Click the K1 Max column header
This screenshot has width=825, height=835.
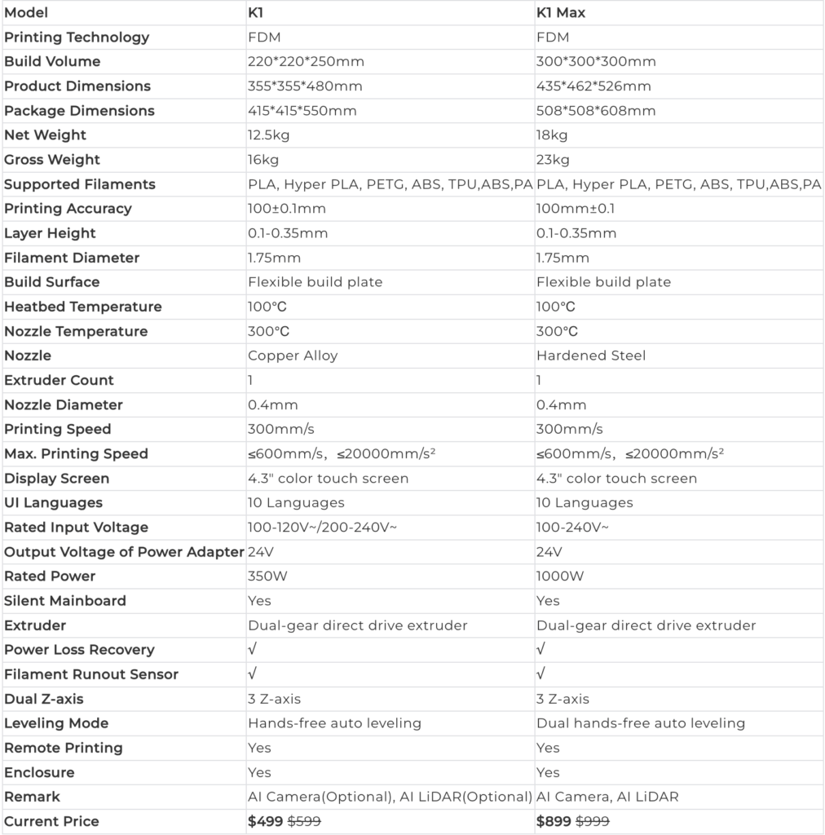tap(560, 13)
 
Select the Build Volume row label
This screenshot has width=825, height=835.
tap(52, 62)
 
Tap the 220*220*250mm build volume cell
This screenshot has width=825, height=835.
tap(306, 62)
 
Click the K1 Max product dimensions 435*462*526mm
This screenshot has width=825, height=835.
tap(593, 86)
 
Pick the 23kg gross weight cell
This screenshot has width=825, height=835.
tap(553, 160)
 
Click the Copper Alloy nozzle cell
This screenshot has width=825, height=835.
tap(293, 356)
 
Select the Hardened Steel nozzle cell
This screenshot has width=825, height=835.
tap(592, 356)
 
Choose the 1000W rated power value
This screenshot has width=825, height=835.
tap(560, 577)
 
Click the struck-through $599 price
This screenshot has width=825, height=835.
tap(303, 821)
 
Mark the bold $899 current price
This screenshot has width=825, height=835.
tap(554, 821)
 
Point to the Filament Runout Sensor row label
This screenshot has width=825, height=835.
tap(91, 674)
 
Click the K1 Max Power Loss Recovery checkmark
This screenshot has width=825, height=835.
tap(541, 650)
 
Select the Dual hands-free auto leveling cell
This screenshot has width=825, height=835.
tap(640, 723)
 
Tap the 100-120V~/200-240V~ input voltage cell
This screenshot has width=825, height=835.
tap(323, 528)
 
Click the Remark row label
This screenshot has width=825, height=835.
tap(33, 797)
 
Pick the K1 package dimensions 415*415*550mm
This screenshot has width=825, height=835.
tap(302, 111)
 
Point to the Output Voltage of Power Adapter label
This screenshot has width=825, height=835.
tap(124, 552)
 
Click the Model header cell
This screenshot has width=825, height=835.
tap(26, 13)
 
